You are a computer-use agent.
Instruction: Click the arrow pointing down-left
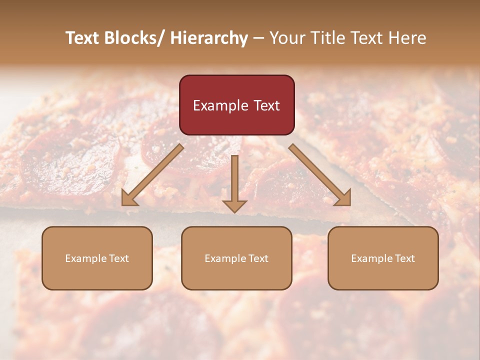(x=152, y=175)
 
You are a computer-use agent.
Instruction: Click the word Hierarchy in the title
(x=209, y=38)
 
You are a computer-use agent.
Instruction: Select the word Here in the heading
(x=405, y=38)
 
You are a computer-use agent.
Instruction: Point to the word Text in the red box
(x=266, y=106)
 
